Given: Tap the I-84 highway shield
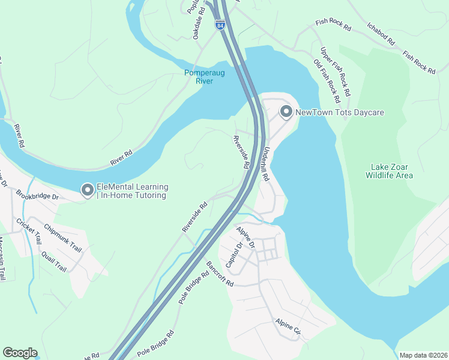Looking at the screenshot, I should [x=220, y=26].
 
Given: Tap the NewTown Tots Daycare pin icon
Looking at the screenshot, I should [x=286, y=112].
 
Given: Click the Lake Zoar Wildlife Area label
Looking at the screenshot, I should [x=390, y=170].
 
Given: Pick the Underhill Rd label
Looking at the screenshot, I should [x=265, y=165].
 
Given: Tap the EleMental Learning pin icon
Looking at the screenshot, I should [x=87, y=191].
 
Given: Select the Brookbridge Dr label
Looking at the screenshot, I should [x=37, y=196].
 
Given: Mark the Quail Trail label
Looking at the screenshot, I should [x=53, y=261].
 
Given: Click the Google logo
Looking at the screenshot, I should [x=20, y=353].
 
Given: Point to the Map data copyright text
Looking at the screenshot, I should [x=423, y=355].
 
